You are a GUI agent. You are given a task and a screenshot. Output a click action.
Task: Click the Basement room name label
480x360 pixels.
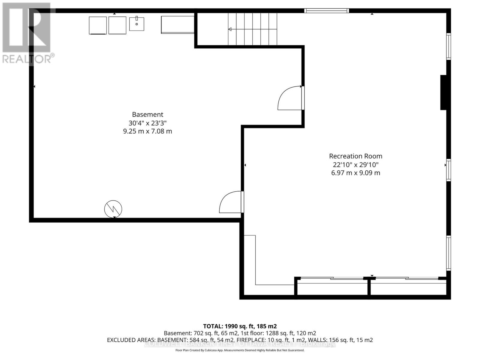click(x=148, y=114)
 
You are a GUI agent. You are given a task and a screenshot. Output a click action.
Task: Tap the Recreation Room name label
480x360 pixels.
click(x=355, y=156)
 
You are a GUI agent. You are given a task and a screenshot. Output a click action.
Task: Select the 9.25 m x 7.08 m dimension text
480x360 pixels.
click(x=148, y=131)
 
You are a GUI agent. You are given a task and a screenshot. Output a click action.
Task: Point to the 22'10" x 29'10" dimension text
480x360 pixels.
click(x=355, y=164)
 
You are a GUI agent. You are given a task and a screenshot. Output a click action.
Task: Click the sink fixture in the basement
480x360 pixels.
click(x=136, y=24)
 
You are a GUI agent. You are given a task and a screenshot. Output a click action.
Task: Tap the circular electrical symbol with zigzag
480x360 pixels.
click(x=113, y=209)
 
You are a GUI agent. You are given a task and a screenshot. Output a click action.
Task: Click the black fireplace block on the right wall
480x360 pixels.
click(x=443, y=92)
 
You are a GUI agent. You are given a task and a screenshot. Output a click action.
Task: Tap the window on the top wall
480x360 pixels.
click(x=326, y=11)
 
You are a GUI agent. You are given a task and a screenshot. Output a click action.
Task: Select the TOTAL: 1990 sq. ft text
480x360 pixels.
click(x=240, y=326)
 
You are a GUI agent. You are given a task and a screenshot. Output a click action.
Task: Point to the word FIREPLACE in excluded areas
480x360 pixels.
click(x=251, y=340)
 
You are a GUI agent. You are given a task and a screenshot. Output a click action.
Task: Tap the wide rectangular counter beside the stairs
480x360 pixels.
click(x=177, y=25)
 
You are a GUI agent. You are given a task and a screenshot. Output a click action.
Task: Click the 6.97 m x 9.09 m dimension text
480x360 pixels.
click(x=355, y=173)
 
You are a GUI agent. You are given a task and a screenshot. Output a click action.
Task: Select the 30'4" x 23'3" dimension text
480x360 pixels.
click(x=148, y=123)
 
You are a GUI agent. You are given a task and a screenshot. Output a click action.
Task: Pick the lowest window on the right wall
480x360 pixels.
click(x=448, y=253)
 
